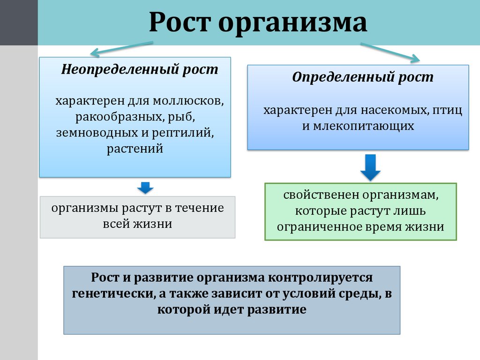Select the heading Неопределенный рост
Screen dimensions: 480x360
click(x=140, y=70)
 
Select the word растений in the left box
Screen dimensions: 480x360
click(x=135, y=149)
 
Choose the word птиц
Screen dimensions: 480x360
click(x=447, y=110)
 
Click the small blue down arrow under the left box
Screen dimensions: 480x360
click(x=145, y=188)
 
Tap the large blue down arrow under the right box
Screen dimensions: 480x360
click(x=371, y=168)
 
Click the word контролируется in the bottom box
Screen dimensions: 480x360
click(x=321, y=278)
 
